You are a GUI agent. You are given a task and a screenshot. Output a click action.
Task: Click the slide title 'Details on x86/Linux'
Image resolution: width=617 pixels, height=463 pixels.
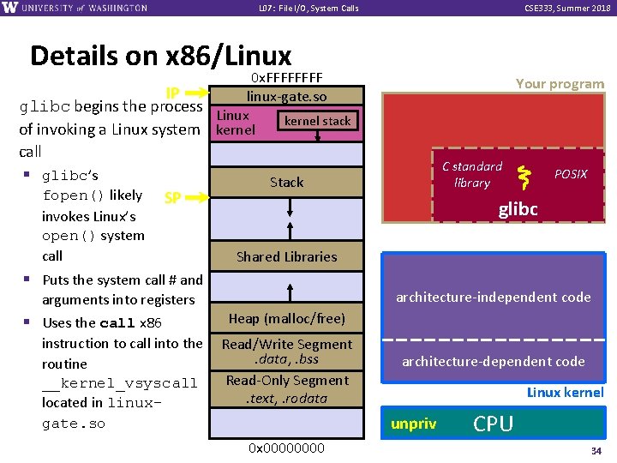pyautogui.click(x=160, y=57)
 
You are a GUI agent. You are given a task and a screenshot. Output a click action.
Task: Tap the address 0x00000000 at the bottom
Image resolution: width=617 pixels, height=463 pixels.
pyautogui.click(x=286, y=448)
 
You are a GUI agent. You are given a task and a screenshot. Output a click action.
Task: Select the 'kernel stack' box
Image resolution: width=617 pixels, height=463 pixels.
pyautogui.click(x=318, y=121)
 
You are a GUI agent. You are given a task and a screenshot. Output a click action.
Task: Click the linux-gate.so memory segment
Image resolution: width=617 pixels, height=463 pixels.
pyautogui.click(x=286, y=97)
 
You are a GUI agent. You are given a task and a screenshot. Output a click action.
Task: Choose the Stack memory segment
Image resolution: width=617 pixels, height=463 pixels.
pyautogui.click(x=286, y=182)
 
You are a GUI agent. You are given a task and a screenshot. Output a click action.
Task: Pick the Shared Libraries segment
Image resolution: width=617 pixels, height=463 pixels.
pyautogui.click(x=286, y=256)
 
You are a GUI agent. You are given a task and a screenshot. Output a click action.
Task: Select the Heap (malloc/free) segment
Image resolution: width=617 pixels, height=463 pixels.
pyautogui.click(x=286, y=319)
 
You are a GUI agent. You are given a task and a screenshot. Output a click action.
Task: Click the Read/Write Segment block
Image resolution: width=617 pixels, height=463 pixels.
pyautogui.click(x=286, y=352)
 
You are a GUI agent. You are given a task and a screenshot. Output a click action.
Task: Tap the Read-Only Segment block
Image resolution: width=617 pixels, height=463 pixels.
pyautogui.click(x=286, y=388)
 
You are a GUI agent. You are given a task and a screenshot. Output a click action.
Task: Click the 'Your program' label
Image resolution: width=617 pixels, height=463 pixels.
pyautogui.click(x=560, y=84)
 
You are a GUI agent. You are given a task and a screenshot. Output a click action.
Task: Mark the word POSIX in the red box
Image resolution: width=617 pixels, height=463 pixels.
pyautogui.click(x=571, y=174)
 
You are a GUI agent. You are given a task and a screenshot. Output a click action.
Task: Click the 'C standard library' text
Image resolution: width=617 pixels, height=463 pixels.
pyautogui.click(x=471, y=174)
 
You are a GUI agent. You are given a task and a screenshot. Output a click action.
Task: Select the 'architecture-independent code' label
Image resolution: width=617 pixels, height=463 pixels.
pyautogui.click(x=493, y=298)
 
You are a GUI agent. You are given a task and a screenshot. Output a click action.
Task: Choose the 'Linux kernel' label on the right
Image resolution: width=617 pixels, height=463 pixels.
pyautogui.click(x=565, y=393)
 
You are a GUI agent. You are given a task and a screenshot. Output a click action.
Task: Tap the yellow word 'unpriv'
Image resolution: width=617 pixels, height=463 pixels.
pyautogui.click(x=413, y=424)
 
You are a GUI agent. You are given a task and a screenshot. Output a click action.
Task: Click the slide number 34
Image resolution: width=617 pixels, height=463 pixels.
pyautogui.click(x=596, y=450)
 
